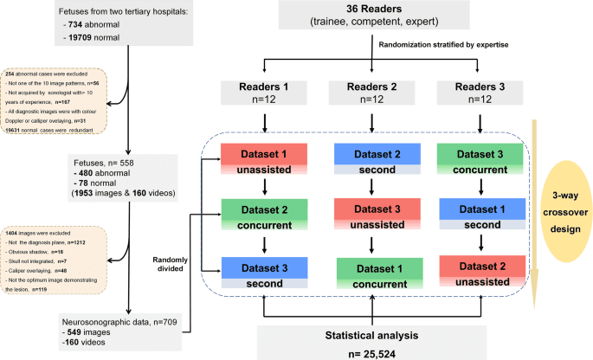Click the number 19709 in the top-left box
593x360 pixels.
(x=84, y=50)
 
